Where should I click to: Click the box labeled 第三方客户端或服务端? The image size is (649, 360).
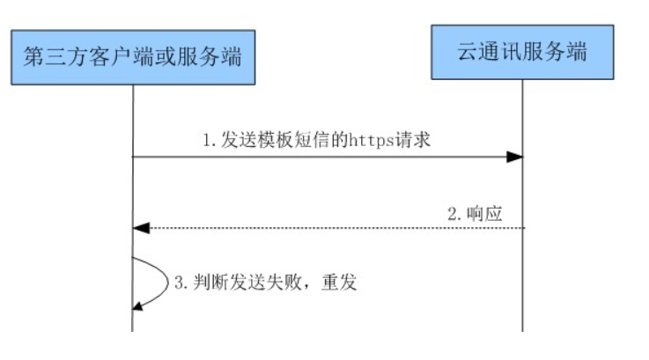tap(132, 59)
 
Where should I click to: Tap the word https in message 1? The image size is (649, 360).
tap(376, 140)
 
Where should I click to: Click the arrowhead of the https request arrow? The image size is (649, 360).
tap(516, 157)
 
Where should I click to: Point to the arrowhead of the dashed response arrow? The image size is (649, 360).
tap(139, 228)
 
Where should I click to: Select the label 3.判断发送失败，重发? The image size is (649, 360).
tap(263, 283)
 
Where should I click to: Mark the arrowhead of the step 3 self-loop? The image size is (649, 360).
tap(137, 305)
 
